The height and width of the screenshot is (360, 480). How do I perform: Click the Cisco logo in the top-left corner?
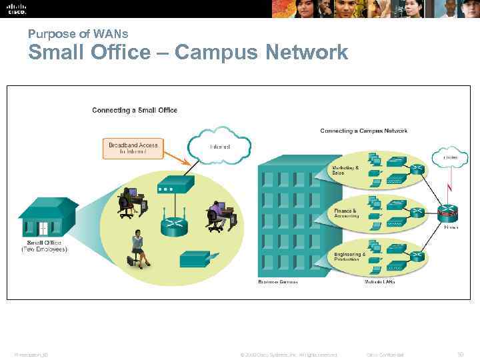coord(17,9)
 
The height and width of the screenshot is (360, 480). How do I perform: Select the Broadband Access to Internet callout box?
coord(133,148)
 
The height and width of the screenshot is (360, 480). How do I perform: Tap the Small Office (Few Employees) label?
coord(45,246)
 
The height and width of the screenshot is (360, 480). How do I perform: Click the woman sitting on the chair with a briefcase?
coord(138,247)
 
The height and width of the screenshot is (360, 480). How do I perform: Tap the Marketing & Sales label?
coord(345,170)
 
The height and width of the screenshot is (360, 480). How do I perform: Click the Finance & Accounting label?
coord(346,213)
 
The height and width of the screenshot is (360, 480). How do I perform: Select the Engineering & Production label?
coord(349,256)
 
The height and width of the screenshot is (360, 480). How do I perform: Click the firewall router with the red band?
coord(449,213)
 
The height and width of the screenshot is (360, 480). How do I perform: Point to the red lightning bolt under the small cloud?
coord(450,179)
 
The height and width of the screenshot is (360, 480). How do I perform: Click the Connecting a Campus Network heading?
coord(363,131)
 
